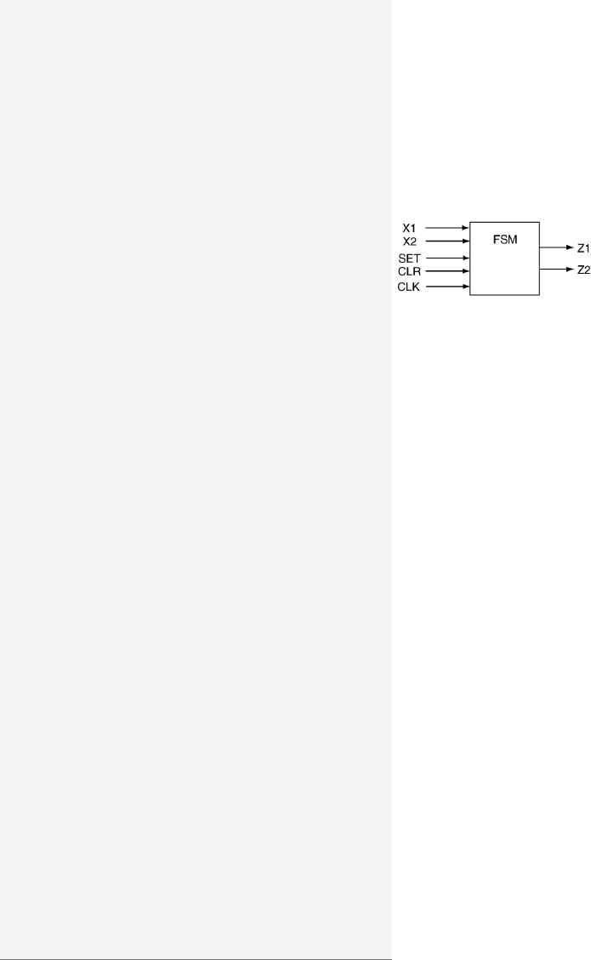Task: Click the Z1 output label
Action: (583, 248)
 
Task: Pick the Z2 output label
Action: (583, 270)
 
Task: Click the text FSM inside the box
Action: (505, 240)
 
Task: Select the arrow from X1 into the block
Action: (447, 228)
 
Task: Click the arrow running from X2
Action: (447, 241)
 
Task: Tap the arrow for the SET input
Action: (447, 258)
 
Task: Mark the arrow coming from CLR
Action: (447, 272)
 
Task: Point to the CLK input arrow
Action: (447, 287)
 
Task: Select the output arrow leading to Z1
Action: (555, 247)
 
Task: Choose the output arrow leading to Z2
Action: (555, 269)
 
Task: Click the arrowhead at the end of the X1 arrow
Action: (467, 228)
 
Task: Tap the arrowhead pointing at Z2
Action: (569, 269)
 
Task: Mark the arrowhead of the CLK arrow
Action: (467, 287)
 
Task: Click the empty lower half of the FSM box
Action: (505, 276)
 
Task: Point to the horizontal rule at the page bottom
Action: (196, 956)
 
